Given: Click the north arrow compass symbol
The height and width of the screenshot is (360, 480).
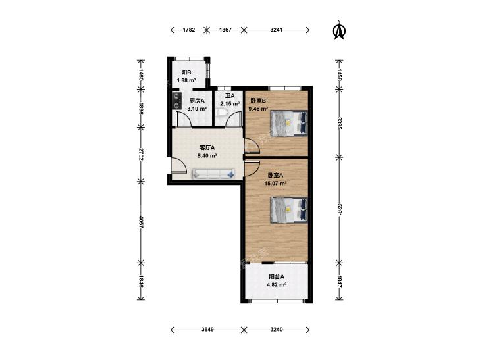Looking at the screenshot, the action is pyautogui.click(x=339, y=30).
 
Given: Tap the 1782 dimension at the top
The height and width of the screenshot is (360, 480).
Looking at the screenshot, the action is pyautogui.click(x=189, y=30).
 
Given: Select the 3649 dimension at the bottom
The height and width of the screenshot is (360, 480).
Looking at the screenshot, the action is pyautogui.click(x=207, y=330).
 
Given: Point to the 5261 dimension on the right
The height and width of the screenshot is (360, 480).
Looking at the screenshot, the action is pyautogui.click(x=339, y=210).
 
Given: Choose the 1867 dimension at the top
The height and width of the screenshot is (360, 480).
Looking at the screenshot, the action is pyautogui.click(x=225, y=30).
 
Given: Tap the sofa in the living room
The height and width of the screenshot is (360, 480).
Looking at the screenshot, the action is pyautogui.click(x=214, y=174).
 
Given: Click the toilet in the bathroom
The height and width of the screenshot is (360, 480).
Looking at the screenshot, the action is pyautogui.click(x=221, y=113).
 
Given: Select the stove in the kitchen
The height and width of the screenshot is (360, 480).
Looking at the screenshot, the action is pyautogui.click(x=176, y=101).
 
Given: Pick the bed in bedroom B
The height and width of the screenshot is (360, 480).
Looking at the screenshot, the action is pyautogui.click(x=288, y=123).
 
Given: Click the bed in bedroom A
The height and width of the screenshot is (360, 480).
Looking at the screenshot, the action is pyautogui.click(x=288, y=211).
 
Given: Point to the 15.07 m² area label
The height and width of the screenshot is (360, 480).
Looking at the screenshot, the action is pyautogui.click(x=275, y=184).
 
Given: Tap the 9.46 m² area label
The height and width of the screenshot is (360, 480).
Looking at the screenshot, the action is pyautogui.click(x=258, y=109).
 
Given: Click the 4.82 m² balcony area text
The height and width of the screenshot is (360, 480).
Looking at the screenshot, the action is pyautogui.click(x=277, y=284).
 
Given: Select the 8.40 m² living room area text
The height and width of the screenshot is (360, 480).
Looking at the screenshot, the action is pyautogui.click(x=207, y=155).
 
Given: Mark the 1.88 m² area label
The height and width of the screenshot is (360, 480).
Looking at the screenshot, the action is pyautogui.click(x=186, y=80).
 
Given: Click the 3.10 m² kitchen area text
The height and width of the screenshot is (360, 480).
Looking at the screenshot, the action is pyautogui.click(x=197, y=109).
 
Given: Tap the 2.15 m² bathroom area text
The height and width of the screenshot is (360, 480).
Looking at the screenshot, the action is pyautogui.click(x=230, y=104).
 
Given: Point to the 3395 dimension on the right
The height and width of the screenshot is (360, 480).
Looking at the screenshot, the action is pyautogui.click(x=339, y=123).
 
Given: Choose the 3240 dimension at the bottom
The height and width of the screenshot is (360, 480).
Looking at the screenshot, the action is pyautogui.click(x=277, y=330).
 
